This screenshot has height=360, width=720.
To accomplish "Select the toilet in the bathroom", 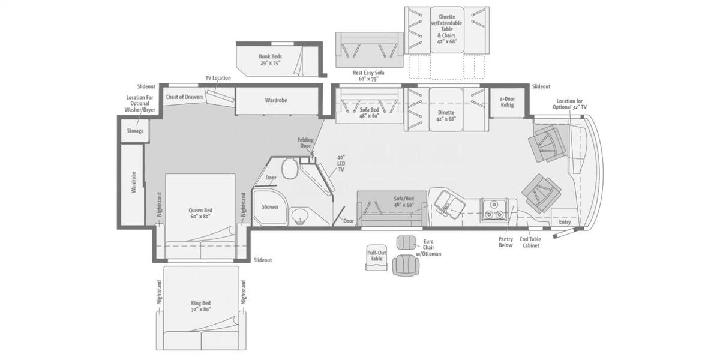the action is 290,169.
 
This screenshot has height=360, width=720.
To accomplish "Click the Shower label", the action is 270,206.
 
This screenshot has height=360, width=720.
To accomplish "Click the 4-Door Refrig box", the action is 507,102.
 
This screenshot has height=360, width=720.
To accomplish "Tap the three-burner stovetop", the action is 493,209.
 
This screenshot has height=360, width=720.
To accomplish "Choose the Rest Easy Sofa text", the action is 368,73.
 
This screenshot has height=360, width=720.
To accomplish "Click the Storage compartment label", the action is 135,131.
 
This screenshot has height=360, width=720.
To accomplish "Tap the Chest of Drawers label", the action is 185,97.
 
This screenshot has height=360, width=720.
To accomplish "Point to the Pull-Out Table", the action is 376,257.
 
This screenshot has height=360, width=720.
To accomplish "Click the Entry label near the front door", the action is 565,222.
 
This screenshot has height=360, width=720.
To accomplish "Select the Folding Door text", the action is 305,143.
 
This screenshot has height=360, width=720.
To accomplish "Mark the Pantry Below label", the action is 506,242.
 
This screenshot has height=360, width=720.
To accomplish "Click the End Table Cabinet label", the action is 530,242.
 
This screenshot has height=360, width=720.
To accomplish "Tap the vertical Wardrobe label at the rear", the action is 134,182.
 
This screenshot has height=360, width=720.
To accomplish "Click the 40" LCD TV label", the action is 341,163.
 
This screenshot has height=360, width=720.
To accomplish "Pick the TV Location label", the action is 218,78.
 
